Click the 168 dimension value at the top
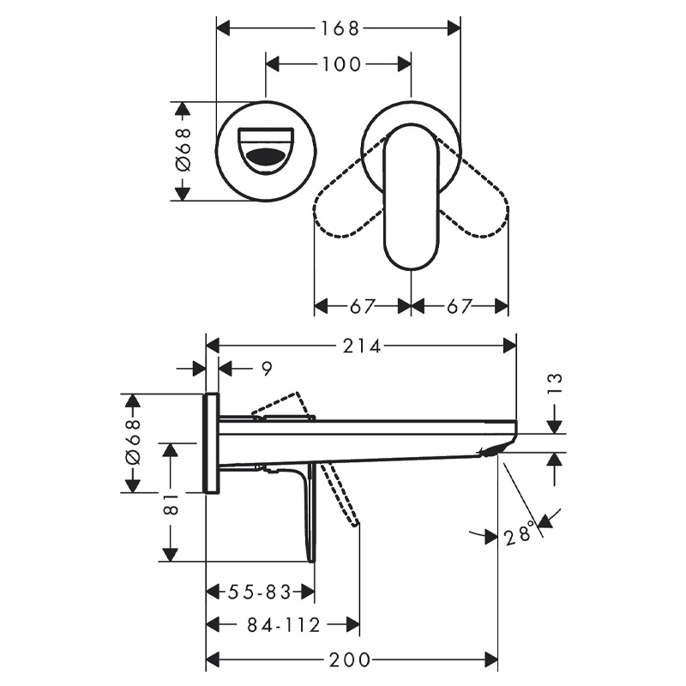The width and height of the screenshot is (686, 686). [340, 29]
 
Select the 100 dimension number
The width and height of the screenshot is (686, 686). [341, 65]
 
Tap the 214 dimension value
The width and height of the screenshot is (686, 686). [362, 346]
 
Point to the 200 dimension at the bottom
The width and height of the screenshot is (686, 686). [350, 659]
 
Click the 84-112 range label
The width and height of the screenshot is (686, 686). [284, 625]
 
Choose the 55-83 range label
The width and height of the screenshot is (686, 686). [260, 593]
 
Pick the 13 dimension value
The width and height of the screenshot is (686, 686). [554, 383]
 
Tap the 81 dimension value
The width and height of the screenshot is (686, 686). [171, 504]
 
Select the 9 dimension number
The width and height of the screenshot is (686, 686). [267, 369]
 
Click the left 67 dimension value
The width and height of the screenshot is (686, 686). [363, 306]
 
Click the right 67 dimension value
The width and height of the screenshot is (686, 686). [460, 306]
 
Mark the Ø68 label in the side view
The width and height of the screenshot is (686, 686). [133, 442]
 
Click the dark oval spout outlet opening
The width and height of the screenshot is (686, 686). [265, 156]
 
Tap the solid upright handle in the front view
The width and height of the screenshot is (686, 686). [411, 196]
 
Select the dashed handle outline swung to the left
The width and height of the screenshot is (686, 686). [349, 187]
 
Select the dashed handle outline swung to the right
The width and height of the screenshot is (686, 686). [473, 187]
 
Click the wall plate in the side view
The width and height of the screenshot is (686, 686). [212, 443]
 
